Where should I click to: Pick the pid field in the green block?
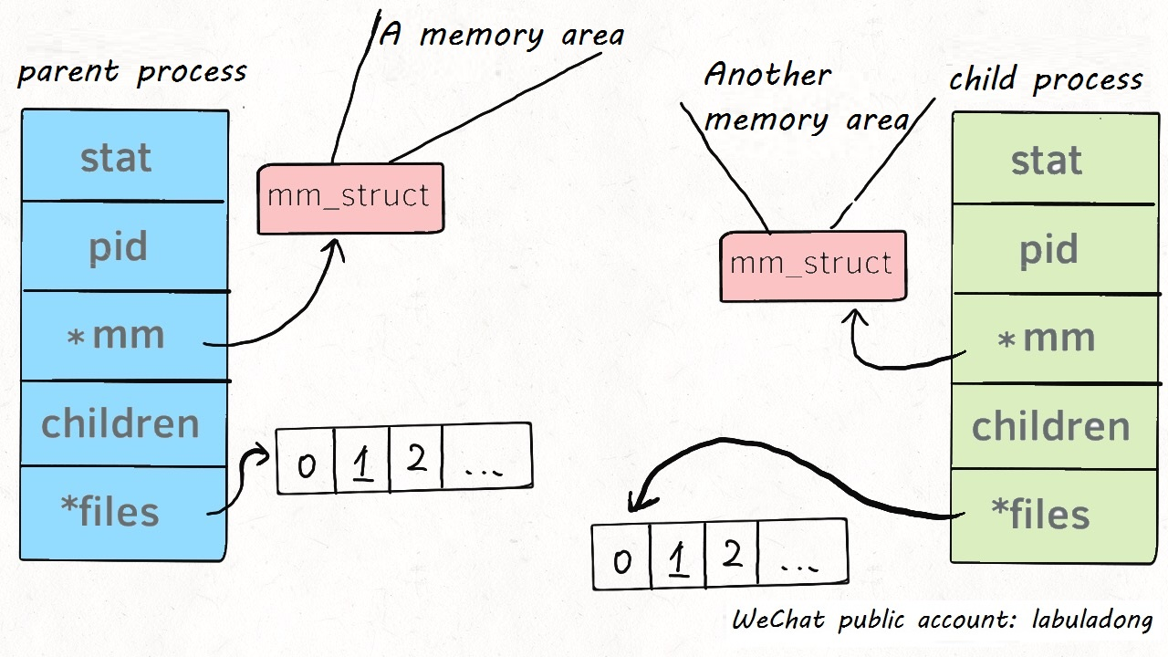[1049, 250]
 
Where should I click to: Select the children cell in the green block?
[1051, 426]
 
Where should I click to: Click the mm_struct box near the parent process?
[349, 197]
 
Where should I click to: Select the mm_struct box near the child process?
[812, 265]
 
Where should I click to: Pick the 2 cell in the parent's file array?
[416, 459]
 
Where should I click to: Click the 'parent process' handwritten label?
[132, 72]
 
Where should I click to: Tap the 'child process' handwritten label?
[1046, 80]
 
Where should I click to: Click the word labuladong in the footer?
[1091, 621]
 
